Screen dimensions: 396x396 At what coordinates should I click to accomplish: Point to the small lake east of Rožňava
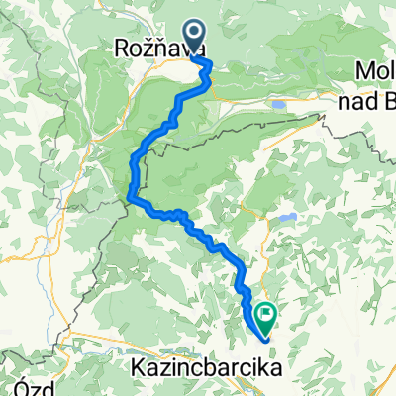[x=279, y=102]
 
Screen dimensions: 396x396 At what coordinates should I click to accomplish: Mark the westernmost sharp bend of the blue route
[x=131, y=197]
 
